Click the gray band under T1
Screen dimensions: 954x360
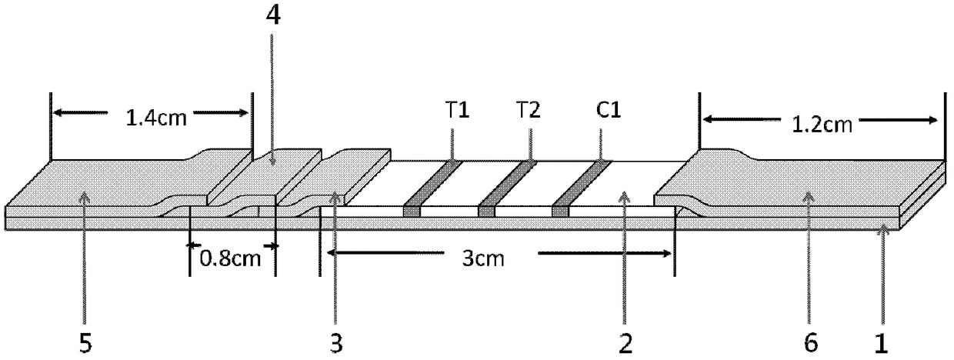pos(431,187)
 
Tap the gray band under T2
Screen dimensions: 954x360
pos(506,187)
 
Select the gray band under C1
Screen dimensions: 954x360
pos(581,187)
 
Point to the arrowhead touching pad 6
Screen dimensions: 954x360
pos(809,197)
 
